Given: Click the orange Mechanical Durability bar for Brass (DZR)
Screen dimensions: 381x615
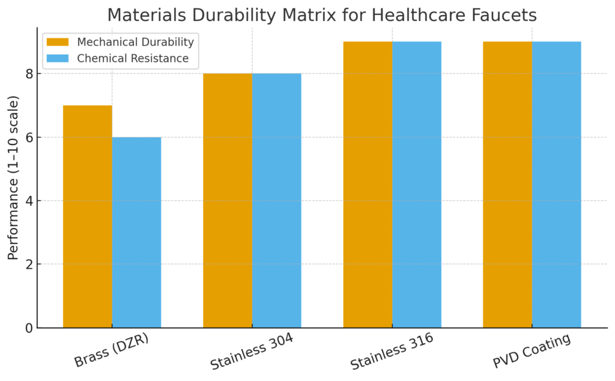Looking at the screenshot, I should click(88, 216).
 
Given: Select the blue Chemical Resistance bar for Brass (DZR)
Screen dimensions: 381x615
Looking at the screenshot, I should click(136, 232).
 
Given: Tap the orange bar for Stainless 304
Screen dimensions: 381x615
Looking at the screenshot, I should click(228, 200).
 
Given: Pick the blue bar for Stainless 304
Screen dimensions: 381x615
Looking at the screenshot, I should click(276, 200).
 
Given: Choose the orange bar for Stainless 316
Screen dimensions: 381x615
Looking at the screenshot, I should click(368, 184).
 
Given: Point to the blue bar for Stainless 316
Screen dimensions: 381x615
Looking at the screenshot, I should click(417, 184).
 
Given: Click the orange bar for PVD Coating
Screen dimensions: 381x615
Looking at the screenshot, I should click(507, 184).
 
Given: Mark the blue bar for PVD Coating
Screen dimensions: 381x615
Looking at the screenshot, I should click(556, 184).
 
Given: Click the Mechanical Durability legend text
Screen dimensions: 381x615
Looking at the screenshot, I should click(136, 42).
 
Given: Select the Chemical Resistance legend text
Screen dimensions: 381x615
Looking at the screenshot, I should click(133, 58).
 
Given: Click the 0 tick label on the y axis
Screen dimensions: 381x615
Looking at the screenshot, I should click(28, 328).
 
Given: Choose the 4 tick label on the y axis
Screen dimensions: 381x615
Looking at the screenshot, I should click(28, 201).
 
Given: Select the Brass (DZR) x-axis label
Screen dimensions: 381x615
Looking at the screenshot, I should click(111, 351).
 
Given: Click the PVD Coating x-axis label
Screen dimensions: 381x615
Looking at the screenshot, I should click(531, 352).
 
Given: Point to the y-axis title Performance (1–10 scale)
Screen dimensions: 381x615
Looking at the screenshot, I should click(13, 178).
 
